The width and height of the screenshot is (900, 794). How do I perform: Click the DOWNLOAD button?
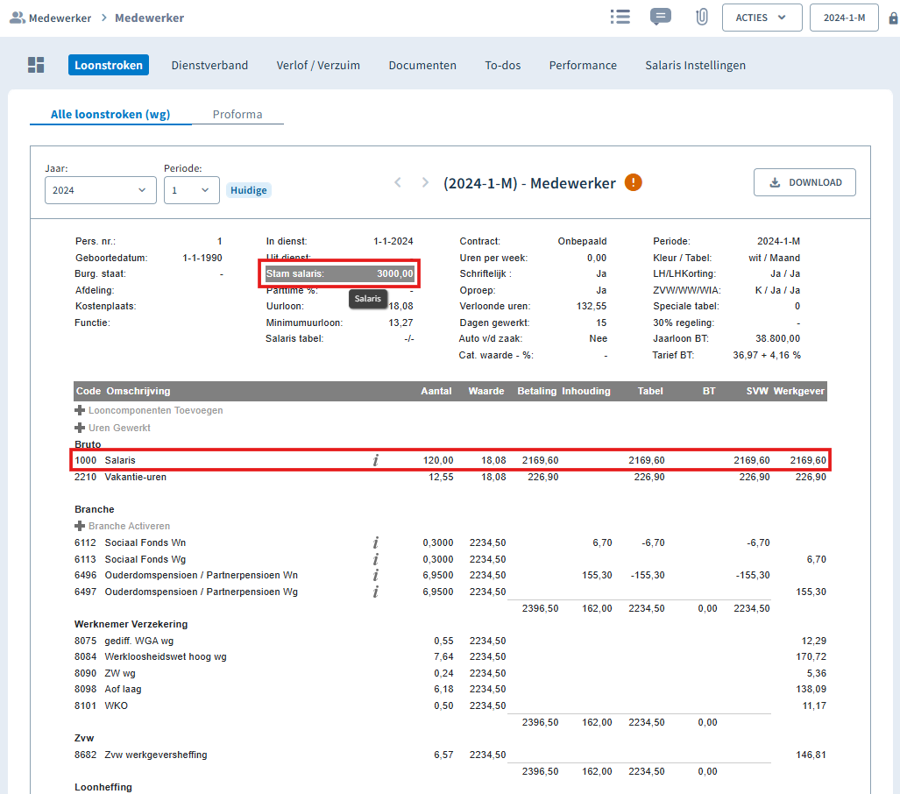coord(804,182)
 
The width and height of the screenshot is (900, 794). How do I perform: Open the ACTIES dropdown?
coord(762,18)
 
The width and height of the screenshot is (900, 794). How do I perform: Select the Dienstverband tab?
coord(209,66)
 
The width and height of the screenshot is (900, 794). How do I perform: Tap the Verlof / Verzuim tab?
coord(318,66)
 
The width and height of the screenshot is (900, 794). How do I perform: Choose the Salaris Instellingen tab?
coord(695,66)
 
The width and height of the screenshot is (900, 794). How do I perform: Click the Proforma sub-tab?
coord(237,114)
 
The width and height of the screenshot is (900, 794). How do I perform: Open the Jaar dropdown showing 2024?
coord(101,190)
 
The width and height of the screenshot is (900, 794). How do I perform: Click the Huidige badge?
coord(249,190)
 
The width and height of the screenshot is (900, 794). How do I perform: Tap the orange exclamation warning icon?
coord(633,182)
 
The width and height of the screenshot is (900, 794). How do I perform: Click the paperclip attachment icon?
coord(701,18)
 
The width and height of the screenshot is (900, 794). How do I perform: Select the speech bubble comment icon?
coord(661,17)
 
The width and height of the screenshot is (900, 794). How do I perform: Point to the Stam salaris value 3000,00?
coord(395,273)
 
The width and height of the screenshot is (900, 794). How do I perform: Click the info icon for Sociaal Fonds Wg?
coord(375,559)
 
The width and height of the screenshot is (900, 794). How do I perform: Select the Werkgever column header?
coord(798,391)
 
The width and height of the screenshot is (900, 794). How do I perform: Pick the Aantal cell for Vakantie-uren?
coord(441,477)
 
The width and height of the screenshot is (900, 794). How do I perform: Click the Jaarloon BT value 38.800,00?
coord(777,339)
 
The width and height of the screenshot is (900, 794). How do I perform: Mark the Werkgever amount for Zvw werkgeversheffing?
coord(811,755)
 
